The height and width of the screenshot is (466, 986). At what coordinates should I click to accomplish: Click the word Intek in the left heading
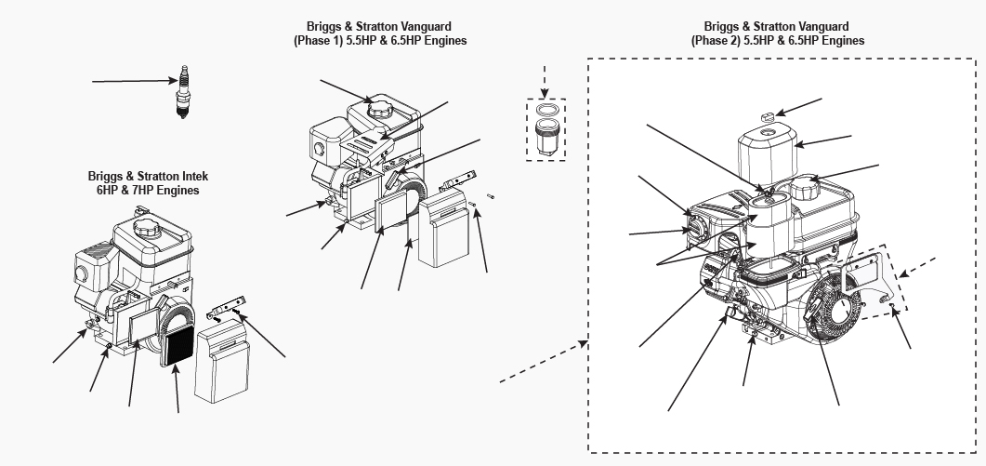[182, 176]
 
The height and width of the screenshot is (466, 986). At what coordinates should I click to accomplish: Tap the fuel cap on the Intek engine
[147, 228]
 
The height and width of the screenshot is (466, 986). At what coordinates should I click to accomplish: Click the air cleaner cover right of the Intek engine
[224, 364]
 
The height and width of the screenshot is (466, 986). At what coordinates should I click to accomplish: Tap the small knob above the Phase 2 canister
[769, 116]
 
